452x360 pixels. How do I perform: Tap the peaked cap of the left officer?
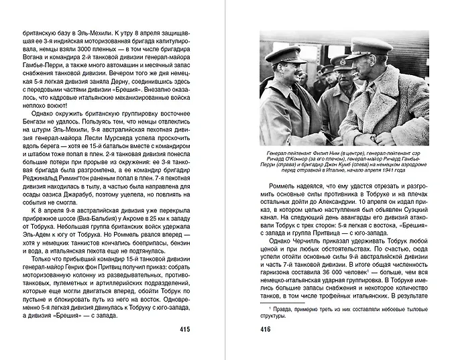coord(285,54)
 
